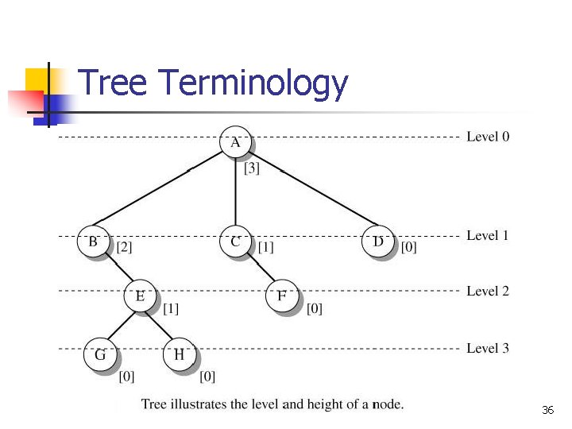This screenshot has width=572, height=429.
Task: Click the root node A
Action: click(235, 143)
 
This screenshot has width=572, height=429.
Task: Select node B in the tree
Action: click(93, 242)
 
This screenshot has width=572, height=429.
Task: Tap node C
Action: click(235, 242)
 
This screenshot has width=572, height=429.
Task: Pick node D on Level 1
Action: click(378, 242)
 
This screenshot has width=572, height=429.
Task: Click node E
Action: click(141, 296)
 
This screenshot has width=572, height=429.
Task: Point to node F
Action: click(281, 296)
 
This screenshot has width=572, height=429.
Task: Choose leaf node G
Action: click(100, 355)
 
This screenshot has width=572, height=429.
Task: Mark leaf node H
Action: click(180, 355)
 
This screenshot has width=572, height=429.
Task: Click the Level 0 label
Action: click(488, 137)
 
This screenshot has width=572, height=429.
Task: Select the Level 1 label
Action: click(488, 235)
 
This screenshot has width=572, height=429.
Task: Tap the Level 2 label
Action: click(488, 291)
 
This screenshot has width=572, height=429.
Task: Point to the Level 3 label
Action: click(488, 348)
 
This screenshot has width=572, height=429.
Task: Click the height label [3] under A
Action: click(252, 168)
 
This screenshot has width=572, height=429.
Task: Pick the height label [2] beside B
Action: click(125, 247)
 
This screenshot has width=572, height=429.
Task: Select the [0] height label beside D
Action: click(408, 247)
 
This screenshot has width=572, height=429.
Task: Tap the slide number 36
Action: click(547, 411)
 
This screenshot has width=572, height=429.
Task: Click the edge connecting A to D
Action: click(310, 187)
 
